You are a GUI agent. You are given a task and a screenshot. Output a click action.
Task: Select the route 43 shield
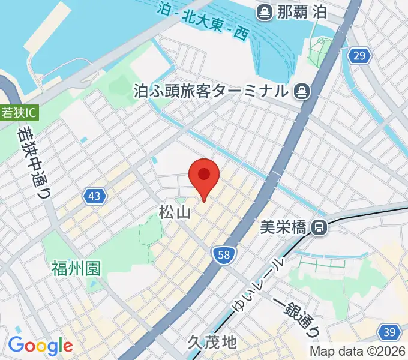[95, 196]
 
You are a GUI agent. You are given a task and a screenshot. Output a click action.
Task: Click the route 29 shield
[359, 56]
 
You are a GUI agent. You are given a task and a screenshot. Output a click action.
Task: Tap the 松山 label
[175, 212]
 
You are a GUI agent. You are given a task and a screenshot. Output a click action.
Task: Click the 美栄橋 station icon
[319, 227]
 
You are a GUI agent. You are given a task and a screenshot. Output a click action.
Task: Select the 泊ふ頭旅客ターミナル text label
[211, 91]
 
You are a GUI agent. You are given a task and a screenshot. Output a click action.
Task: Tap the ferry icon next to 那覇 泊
[263, 11]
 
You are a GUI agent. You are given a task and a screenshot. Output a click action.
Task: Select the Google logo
[40, 346]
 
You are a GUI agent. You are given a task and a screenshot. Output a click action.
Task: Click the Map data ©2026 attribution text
[357, 351]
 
